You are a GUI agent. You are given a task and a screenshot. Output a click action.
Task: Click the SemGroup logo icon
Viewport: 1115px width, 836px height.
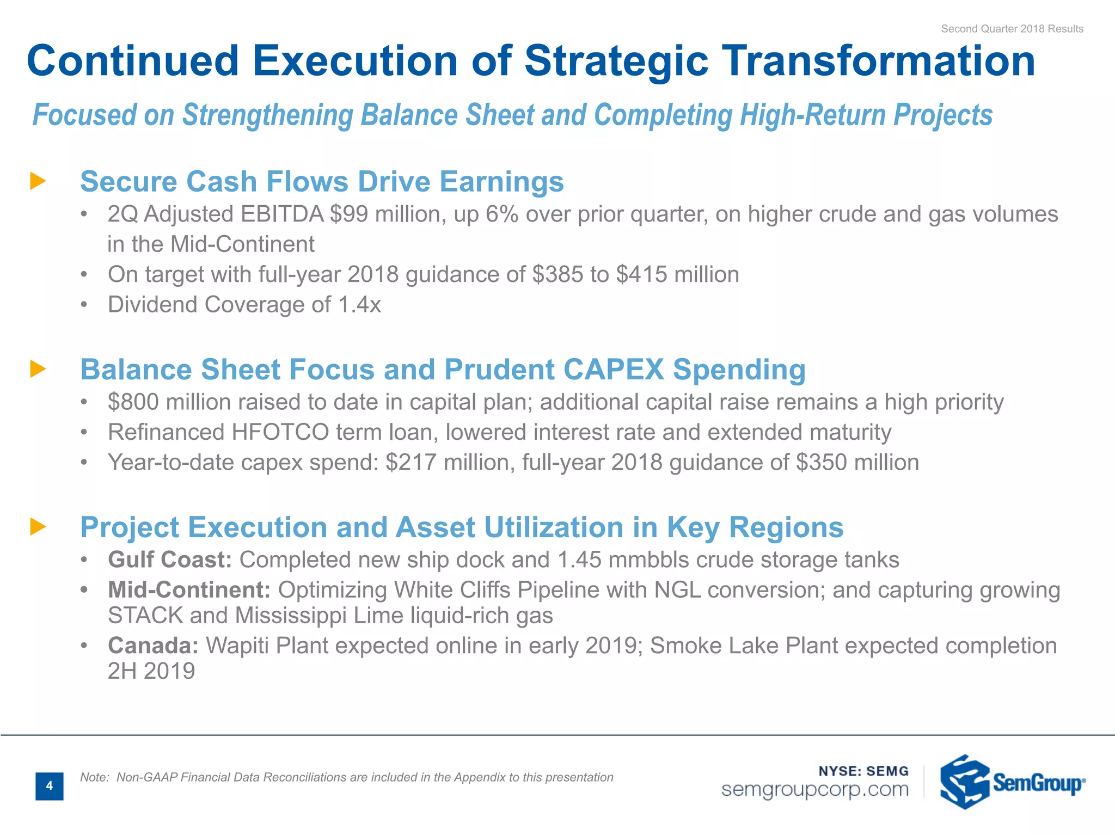point(964,782)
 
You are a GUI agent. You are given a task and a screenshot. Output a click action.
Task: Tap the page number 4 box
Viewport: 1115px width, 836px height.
point(50,786)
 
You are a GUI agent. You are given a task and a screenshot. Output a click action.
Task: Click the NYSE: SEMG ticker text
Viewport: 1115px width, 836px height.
point(863,771)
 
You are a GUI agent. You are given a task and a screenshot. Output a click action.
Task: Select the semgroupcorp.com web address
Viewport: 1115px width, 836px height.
point(815,789)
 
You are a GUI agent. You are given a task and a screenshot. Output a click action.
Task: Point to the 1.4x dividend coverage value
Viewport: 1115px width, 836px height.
point(359,305)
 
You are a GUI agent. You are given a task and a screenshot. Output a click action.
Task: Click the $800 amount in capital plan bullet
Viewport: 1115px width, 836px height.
point(133,402)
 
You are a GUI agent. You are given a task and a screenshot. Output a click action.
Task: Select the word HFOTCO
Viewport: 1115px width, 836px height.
point(280,432)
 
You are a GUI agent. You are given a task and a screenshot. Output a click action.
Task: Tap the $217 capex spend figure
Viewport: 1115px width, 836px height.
point(411,463)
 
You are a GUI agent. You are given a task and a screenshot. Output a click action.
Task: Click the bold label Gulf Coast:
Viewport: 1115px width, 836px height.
point(170,560)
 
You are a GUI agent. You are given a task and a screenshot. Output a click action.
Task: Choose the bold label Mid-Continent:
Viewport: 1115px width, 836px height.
point(189,590)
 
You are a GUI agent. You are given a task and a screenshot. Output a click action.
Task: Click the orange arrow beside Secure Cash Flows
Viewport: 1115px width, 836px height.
point(38,181)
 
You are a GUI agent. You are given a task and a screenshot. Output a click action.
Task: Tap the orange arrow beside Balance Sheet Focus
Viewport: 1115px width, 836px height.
point(38,369)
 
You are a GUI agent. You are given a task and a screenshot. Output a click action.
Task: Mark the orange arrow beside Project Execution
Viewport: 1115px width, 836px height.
point(38,527)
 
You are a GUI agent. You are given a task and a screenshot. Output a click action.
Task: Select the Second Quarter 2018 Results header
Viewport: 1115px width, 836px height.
point(1012,29)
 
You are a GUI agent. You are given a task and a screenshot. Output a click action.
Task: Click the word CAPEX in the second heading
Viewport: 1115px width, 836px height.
point(614,370)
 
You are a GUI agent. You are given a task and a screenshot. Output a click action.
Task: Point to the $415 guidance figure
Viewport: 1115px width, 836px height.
point(641,275)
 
